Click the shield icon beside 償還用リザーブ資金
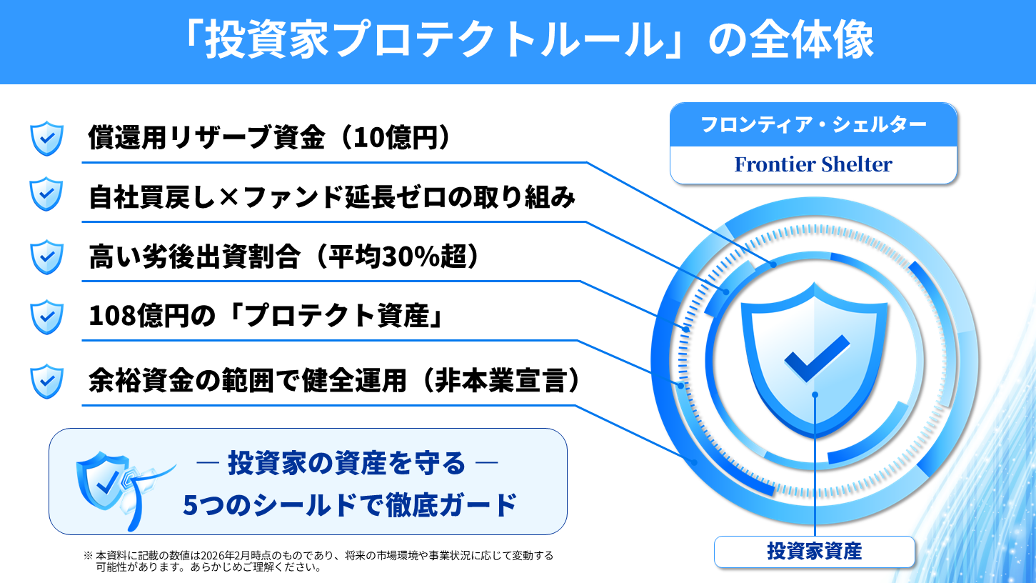[46, 139]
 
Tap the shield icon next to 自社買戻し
[46, 194]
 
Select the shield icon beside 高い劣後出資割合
[46, 256]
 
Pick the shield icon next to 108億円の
[46, 317]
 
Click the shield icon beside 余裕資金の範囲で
[46, 382]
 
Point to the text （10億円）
[394, 137]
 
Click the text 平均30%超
[398, 256]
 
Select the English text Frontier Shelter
[813, 164]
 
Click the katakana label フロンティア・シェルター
[813, 124]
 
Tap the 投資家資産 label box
[815, 552]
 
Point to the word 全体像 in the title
[812, 40]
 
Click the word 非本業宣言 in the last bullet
[501, 381]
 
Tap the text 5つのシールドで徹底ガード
[350, 505]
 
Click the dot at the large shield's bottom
[815, 394]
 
